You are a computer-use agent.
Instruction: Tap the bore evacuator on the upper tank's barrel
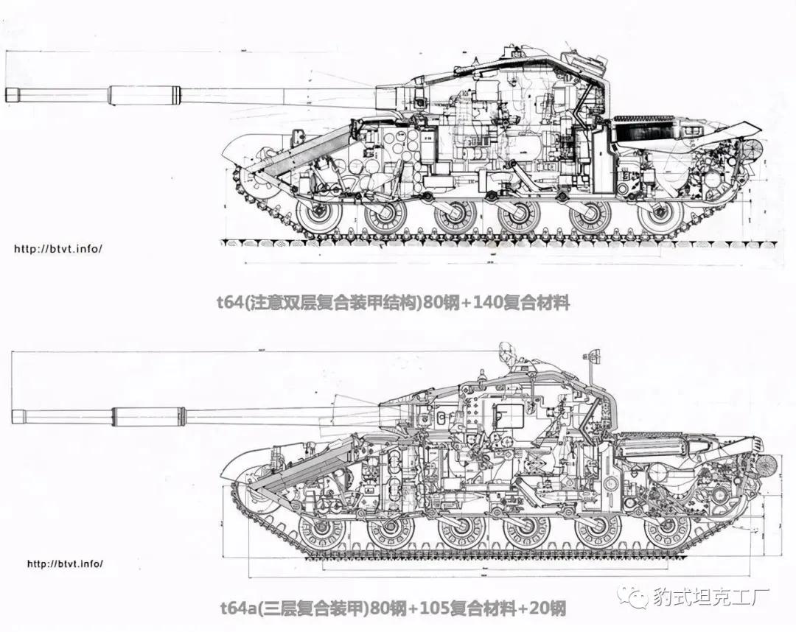(x=144, y=94)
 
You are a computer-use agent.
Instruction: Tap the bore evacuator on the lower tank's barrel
(x=147, y=417)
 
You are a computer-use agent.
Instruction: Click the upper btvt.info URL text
(x=58, y=248)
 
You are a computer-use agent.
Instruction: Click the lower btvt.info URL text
(x=65, y=564)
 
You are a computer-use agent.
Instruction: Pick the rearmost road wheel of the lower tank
(x=667, y=530)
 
